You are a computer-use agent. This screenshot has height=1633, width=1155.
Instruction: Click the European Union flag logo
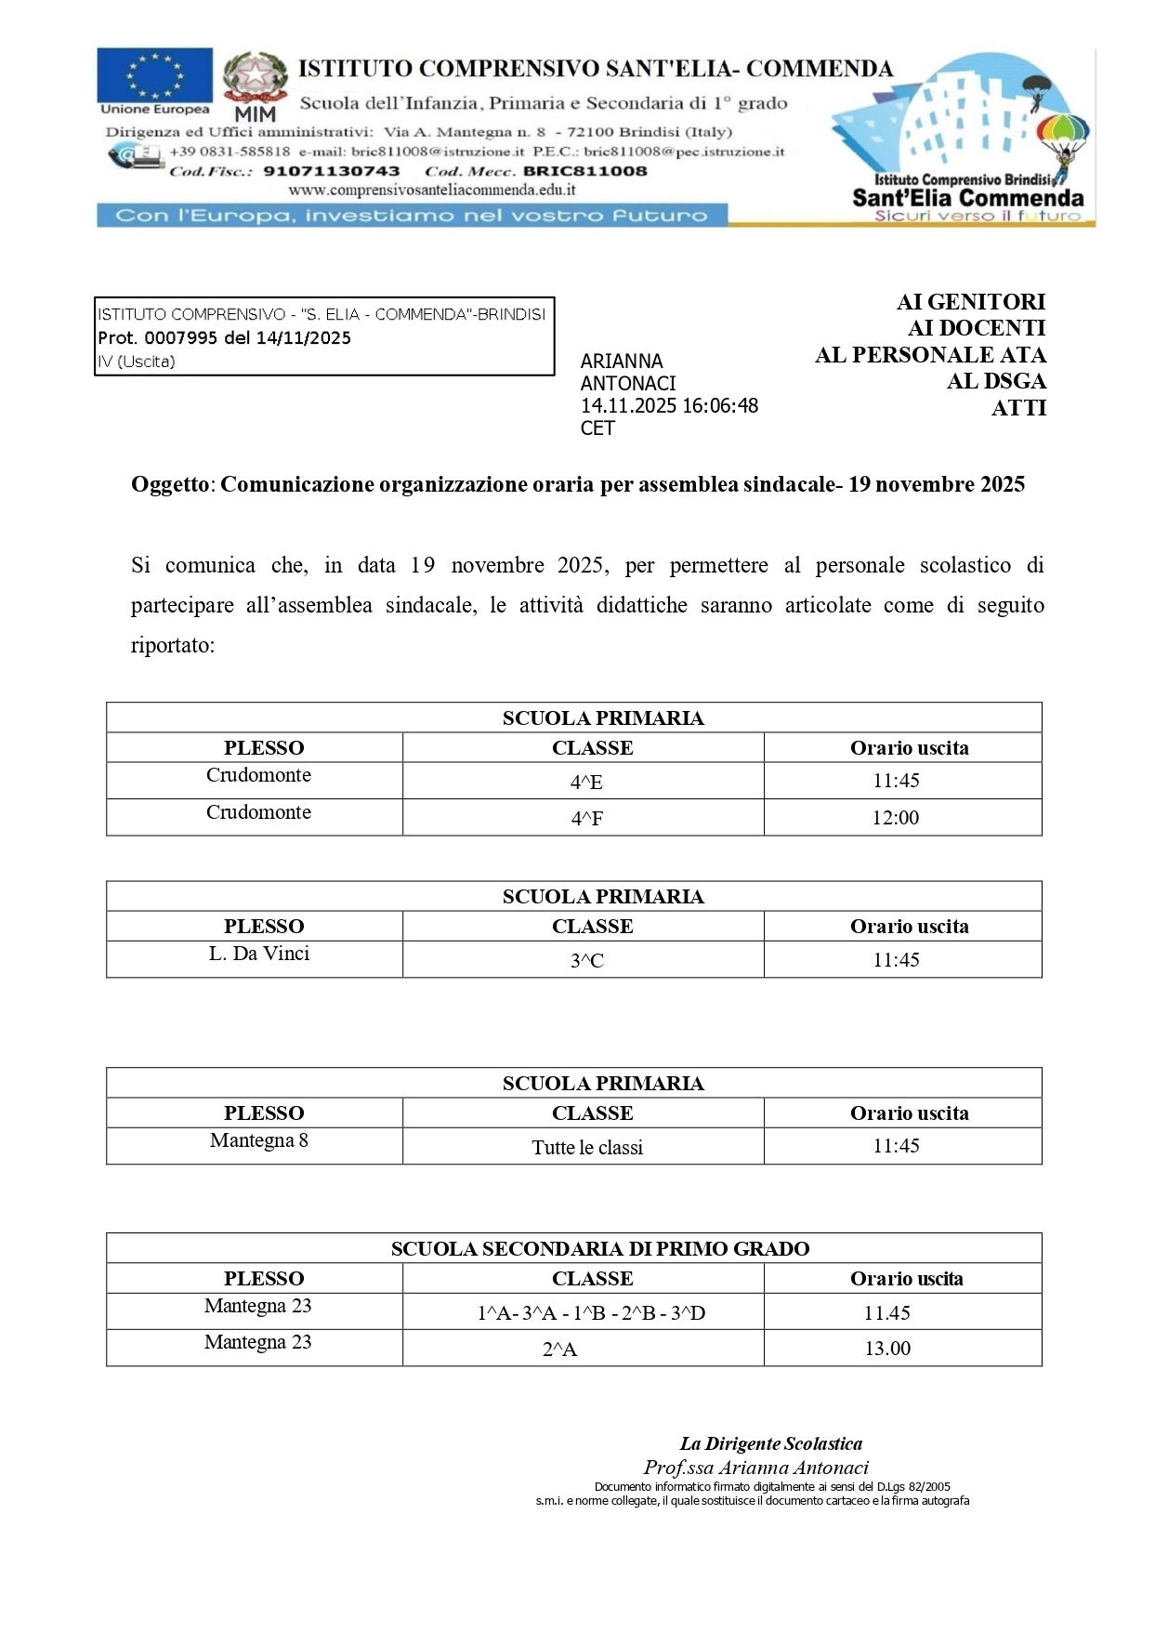click(154, 76)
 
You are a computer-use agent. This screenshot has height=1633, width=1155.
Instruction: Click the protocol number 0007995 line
click(224, 338)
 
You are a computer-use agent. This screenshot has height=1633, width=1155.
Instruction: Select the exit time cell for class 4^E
click(896, 781)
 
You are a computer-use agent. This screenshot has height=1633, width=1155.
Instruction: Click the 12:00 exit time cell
click(896, 818)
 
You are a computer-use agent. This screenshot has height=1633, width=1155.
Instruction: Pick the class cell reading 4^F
click(586, 819)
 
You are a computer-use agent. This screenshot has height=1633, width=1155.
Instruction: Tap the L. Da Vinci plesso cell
click(258, 954)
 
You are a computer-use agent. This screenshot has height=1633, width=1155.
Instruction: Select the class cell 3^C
click(586, 961)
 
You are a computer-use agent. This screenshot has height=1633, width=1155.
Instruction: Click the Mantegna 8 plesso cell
click(258, 1140)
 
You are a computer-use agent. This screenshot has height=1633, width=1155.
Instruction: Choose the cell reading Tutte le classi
click(586, 1148)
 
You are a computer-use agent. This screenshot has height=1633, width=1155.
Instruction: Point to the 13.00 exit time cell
click(887, 1349)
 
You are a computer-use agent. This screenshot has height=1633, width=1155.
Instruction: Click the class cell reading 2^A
click(559, 1350)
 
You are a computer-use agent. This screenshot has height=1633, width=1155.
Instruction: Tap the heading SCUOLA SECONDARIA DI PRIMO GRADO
click(599, 1248)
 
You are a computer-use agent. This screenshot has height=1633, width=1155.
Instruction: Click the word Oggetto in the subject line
click(172, 484)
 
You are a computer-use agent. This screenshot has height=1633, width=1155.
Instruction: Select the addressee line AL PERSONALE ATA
click(930, 355)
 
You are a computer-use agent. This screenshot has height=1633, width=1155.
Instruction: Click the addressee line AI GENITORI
click(970, 302)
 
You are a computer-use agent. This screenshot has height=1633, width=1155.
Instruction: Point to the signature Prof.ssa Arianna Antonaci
click(755, 1468)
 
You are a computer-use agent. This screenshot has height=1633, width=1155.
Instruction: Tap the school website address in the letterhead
click(431, 190)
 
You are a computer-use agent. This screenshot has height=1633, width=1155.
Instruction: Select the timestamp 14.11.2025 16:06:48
click(669, 406)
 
